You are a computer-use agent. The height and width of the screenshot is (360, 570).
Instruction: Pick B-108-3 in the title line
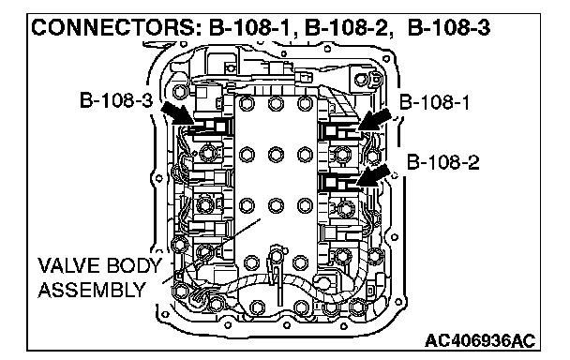(x=449, y=27)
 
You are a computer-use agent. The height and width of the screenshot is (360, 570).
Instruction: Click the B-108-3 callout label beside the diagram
(x=116, y=100)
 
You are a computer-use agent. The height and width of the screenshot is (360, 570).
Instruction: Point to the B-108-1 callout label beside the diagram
(x=434, y=102)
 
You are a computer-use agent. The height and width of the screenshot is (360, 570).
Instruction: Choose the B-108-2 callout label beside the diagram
(x=442, y=162)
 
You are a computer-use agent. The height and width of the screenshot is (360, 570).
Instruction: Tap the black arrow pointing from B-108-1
(x=374, y=119)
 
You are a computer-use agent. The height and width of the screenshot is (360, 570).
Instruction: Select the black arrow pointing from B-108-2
(x=373, y=175)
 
